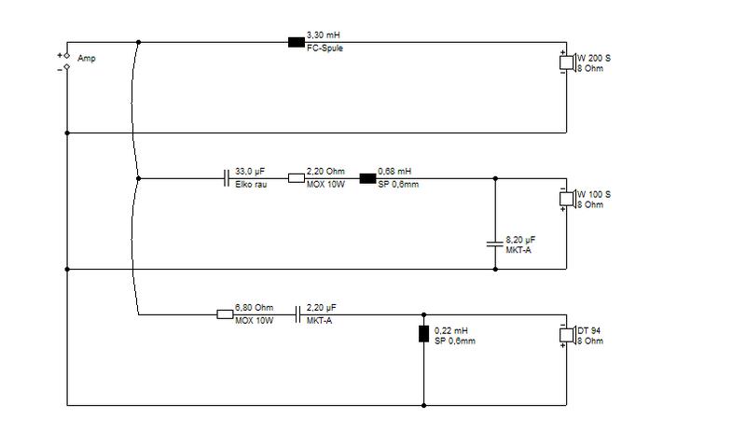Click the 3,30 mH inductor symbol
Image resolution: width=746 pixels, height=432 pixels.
[x=297, y=42]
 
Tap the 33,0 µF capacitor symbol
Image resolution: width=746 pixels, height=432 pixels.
[x=227, y=178]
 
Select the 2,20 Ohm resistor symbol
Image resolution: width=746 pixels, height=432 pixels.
[x=297, y=178]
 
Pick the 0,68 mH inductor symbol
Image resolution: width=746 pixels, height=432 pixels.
[x=367, y=178]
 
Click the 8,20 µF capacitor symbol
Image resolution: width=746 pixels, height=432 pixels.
[x=495, y=244]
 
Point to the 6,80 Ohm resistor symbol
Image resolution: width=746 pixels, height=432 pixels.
[x=225, y=314]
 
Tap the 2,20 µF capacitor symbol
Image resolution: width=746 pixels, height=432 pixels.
[x=297, y=314]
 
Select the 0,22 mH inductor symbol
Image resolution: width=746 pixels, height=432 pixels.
[x=424, y=334]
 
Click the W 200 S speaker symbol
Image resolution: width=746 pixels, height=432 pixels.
[x=568, y=63]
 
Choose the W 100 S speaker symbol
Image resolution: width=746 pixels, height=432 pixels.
[x=568, y=199]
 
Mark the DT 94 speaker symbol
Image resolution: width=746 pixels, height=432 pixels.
[x=568, y=335]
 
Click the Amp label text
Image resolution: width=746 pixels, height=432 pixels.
[x=87, y=58]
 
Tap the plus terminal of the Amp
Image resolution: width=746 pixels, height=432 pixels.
[x=66, y=56]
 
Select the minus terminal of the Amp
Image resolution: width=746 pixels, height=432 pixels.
[x=66, y=66]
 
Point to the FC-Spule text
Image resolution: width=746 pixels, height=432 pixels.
[x=325, y=49]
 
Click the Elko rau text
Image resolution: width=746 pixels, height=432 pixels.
[x=251, y=185]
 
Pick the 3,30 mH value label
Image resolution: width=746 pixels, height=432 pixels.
[x=324, y=35]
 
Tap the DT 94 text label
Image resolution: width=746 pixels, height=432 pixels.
[x=589, y=330]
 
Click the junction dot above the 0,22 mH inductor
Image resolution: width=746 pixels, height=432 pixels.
[x=424, y=314]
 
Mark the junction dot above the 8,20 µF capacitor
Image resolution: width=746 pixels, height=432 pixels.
[x=495, y=178]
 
